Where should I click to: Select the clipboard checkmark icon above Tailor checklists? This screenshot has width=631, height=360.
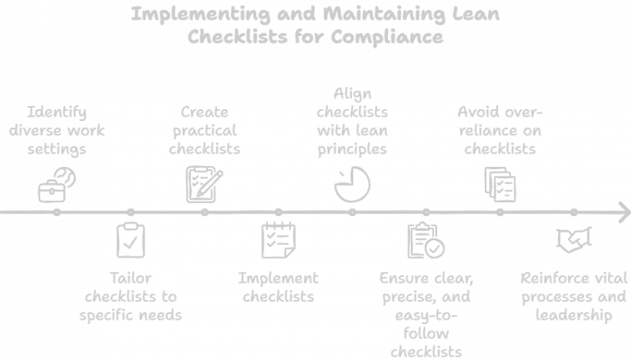[130, 240]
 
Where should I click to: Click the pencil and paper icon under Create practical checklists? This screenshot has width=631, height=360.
[204, 183]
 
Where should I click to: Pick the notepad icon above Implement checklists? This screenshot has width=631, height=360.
[278, 239]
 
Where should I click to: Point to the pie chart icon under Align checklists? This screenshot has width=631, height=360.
[352, 184]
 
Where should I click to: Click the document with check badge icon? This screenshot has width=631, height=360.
[426, 240]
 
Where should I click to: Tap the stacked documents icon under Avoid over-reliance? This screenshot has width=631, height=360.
[500, 183]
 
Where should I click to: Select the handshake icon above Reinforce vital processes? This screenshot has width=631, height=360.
[573, 240]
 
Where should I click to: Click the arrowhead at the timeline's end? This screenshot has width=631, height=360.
[623, 212]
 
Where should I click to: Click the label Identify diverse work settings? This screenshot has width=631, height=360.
[56, 130]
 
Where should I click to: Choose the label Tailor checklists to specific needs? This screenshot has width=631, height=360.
[130, 296]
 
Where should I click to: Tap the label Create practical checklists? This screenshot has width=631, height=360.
[204, 130]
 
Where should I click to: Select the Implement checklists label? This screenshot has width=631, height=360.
[278, 287]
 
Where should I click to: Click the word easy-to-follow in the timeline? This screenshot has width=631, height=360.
[426, 315]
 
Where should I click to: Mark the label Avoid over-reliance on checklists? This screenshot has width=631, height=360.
[500, 130]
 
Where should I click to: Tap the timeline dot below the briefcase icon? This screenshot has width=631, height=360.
[56, 212]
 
